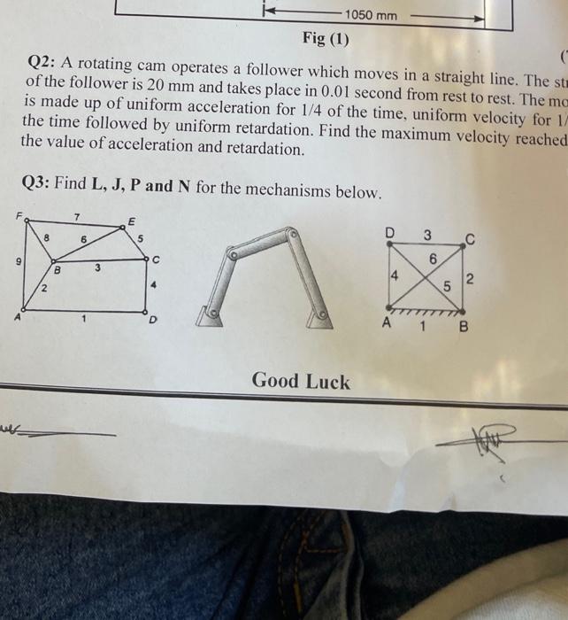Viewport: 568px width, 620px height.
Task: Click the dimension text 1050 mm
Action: click(x=372, y=15)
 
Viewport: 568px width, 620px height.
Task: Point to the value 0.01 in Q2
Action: click(x=257, y=87)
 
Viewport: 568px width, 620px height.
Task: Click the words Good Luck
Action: click(x=301, y=382)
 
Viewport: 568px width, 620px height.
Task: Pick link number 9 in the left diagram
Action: click(x=11, y=263)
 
